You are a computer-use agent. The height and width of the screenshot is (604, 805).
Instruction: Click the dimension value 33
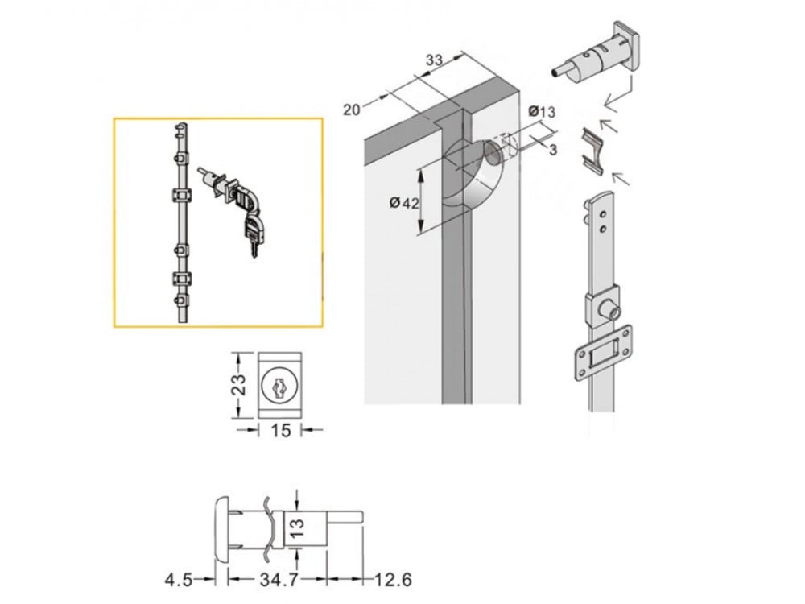[434, 60]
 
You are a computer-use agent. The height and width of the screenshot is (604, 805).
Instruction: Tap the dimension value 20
[351, 110]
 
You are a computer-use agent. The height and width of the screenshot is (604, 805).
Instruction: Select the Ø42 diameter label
[404, 203]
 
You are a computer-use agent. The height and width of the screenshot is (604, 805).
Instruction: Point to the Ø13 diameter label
[542, 111]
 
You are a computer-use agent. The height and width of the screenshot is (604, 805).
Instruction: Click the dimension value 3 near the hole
[553, 150]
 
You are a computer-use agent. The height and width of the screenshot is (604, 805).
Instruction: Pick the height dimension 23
[239, 384]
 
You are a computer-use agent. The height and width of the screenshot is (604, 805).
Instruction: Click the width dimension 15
[280, 430]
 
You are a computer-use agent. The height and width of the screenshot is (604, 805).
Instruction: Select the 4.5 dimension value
[178, 580]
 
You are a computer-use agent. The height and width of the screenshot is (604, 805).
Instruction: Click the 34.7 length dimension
[279, 580]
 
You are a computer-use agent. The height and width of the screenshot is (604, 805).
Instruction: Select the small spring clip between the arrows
[593, 150]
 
